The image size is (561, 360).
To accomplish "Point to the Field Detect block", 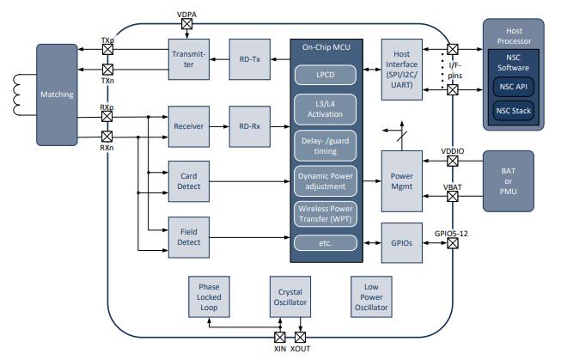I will [x=190, y=237].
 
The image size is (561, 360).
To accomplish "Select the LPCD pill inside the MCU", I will [x=326, y=75].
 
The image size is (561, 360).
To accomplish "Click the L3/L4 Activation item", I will [x=326, y=109].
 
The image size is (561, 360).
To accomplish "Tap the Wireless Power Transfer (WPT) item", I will [x=326, y=213].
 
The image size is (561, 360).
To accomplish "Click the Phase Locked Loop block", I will [x=210, y=296].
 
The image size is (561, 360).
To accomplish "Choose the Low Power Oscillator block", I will [x=370, y=296].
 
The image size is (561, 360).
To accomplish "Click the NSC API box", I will [x=512, y=86].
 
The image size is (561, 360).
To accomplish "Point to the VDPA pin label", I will [x=186, y=14].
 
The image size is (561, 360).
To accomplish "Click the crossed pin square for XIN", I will [x=279, y=337].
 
